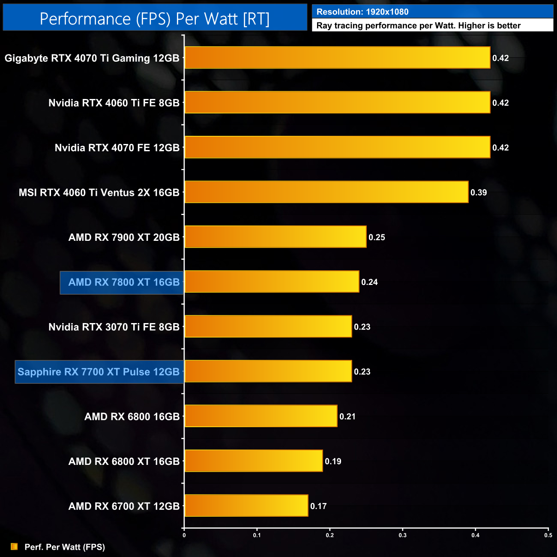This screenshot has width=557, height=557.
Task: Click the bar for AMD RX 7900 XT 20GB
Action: [276, 237]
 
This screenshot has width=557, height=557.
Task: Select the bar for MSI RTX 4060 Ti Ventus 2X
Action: [326, 192]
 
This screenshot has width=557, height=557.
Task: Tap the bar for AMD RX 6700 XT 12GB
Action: [246, 506]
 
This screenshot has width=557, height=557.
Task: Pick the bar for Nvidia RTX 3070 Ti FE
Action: [268, 326]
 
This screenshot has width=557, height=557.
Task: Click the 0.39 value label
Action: [479, 192]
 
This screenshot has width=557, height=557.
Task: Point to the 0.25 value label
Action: [377, 237]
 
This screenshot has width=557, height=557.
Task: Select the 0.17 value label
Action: [318, 506]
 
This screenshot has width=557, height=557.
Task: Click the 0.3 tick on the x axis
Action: [403, 535]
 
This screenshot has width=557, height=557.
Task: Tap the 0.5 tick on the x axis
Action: [548, 535]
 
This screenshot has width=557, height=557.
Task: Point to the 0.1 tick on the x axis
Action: [257, 535]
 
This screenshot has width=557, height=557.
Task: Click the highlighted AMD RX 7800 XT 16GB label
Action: [124, 282]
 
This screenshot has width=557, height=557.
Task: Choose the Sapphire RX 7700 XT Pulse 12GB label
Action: [99, 372]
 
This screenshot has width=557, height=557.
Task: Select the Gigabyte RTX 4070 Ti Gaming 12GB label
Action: [92, 58]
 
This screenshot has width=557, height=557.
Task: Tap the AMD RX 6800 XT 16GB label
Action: [124, 461]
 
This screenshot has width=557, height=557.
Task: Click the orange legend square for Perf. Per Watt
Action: [14, 547]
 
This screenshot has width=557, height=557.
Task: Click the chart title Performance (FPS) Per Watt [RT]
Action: [155, 19]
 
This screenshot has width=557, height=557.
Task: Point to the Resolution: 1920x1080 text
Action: [362, 12]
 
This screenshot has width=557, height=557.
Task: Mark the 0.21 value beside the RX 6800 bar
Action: [347, 416]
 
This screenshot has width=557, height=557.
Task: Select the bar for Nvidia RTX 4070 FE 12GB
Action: [337, 147]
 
